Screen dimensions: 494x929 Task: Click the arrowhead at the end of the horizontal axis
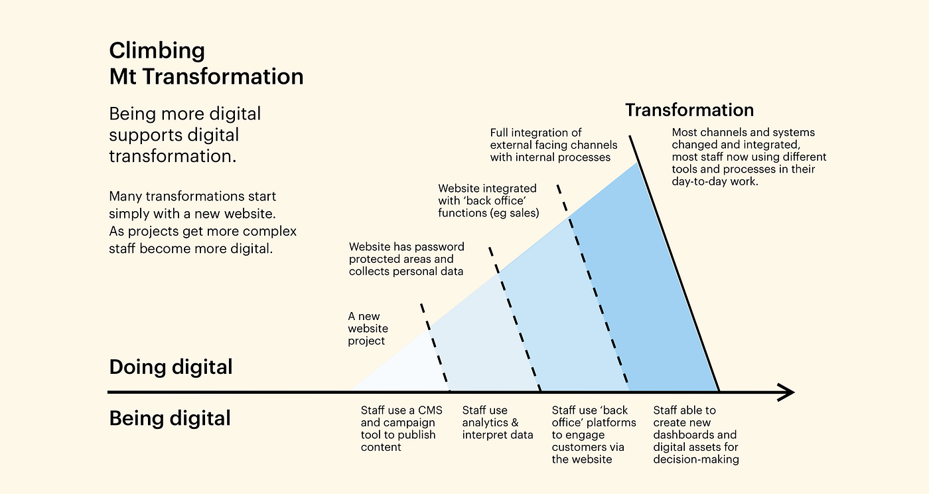coord(787,392)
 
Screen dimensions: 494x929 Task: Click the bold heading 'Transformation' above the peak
coord(689,110)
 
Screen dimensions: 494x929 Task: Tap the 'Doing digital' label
coord(171,367)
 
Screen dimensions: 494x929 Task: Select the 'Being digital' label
coord(170,418)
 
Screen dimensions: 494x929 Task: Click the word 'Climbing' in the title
coord(157,50)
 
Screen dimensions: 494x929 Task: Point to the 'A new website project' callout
coord(368,329)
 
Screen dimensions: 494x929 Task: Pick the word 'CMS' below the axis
coord(430,410)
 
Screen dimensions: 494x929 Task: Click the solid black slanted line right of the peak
coord(674,266)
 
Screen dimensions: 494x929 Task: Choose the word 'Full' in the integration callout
coord(501,133)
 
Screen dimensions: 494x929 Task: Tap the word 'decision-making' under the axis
coord(696,459)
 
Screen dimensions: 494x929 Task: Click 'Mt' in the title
coord(123,77)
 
